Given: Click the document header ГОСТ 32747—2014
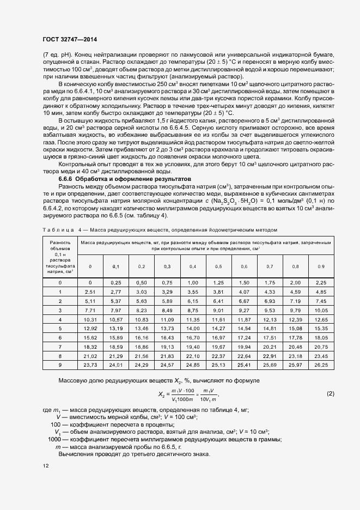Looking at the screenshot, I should (x=70, y=39).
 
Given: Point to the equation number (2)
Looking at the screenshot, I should (x=330, y=393).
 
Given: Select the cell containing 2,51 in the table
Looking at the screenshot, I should (x=90, y=293).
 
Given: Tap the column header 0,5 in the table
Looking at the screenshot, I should (x=218, y=266).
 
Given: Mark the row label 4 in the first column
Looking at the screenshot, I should (x=60, y=319).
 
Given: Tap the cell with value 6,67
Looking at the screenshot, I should (x=244, y=301).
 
